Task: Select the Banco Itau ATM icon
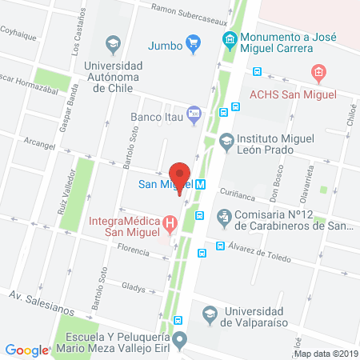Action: click(192, 115)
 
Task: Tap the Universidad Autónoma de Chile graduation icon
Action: click(113, 42)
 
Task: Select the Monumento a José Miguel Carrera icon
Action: click(230, 38)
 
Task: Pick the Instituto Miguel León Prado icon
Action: click(226, 140)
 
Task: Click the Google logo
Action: click(27, 350)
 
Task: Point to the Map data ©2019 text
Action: click(326, 353)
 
